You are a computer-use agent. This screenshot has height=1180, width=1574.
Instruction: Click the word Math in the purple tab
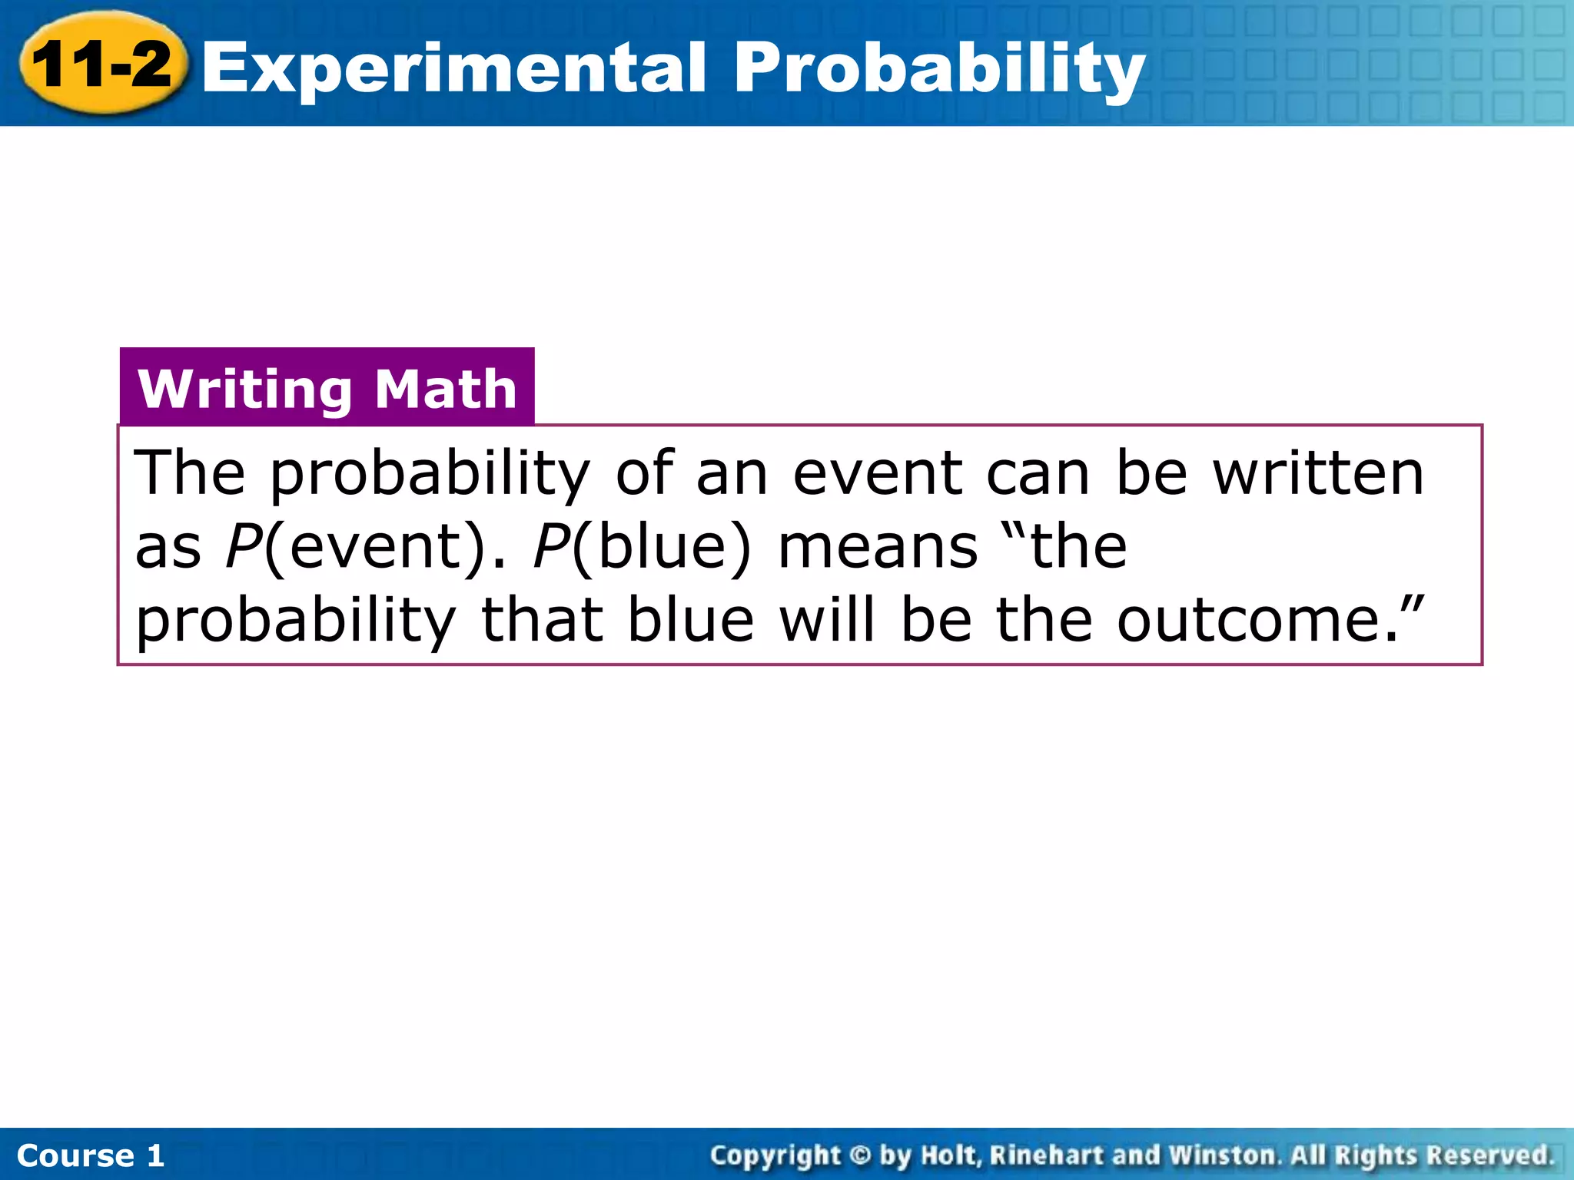tap(446, 389)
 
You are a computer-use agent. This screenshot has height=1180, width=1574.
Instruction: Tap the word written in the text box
tap(1319, 472)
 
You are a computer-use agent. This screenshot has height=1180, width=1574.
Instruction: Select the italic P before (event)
tap(243, 546)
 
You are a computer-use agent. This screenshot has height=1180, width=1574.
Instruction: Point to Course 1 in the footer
tap(91, 1155)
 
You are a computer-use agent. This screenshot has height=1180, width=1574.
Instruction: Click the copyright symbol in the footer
tap(861, 1155)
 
